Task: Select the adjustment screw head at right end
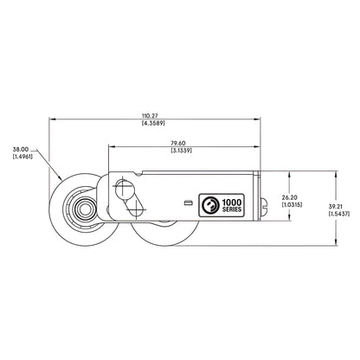point(267,204)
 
